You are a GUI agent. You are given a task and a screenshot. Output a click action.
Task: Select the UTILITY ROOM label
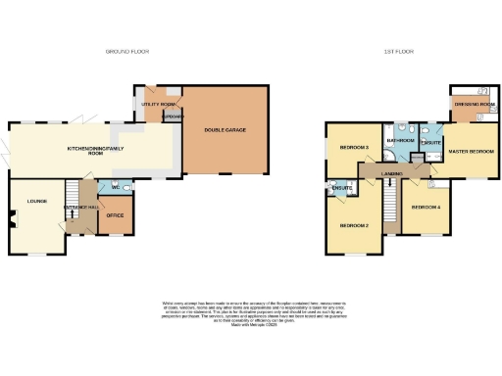(157, 103)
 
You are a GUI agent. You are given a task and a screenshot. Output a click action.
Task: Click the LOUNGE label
(23, 201)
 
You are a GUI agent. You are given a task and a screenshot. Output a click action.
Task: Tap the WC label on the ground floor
(116, 186)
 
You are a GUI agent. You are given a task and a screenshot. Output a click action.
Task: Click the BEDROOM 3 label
(353, 147)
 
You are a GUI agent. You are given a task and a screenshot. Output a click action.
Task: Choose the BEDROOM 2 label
(353, 226)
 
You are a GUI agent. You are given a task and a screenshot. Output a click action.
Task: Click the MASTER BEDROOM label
(469, 151)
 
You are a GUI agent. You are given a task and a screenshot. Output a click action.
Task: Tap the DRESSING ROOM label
(471, 104)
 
